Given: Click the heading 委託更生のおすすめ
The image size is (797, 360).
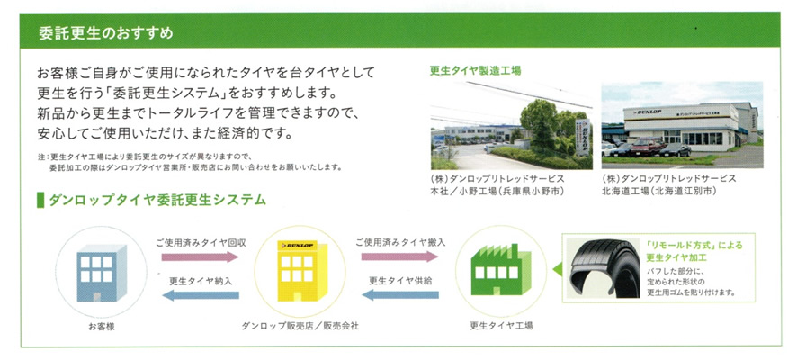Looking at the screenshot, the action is click(x=106, y=33).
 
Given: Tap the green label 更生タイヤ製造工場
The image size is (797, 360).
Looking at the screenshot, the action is click(x=475, y=71).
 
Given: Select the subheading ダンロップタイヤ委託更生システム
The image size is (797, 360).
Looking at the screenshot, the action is click(x=157, y=200).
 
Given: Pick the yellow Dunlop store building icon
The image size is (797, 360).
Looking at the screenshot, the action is click(x=300, y=271).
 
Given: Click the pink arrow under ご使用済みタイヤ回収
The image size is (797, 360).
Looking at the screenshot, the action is click(x=200, y=256).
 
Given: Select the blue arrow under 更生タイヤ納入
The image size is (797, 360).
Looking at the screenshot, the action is click(x=200, y=295).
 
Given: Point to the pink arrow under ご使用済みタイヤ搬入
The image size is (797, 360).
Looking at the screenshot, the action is click(x=399, y=256).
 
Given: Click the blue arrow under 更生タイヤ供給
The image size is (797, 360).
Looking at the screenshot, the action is click(x=399, y=294).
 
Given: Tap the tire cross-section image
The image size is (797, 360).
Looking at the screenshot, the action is click(x=604, y=268).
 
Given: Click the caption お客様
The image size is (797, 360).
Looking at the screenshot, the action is click(x=102, y=327).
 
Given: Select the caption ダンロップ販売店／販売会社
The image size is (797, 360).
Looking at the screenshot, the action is click(x=300, y=326).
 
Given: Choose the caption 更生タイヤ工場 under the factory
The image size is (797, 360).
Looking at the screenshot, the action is click(x=501, y=326).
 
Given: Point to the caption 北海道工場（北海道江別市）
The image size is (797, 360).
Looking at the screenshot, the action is click(x=659, y=192).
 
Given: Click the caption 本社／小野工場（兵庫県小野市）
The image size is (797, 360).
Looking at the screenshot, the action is click(x=488, y=192).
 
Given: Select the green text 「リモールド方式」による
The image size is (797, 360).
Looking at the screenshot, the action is click(x=694, y=245).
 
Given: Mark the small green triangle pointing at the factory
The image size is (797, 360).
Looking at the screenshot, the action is click(x=558, y=269).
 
